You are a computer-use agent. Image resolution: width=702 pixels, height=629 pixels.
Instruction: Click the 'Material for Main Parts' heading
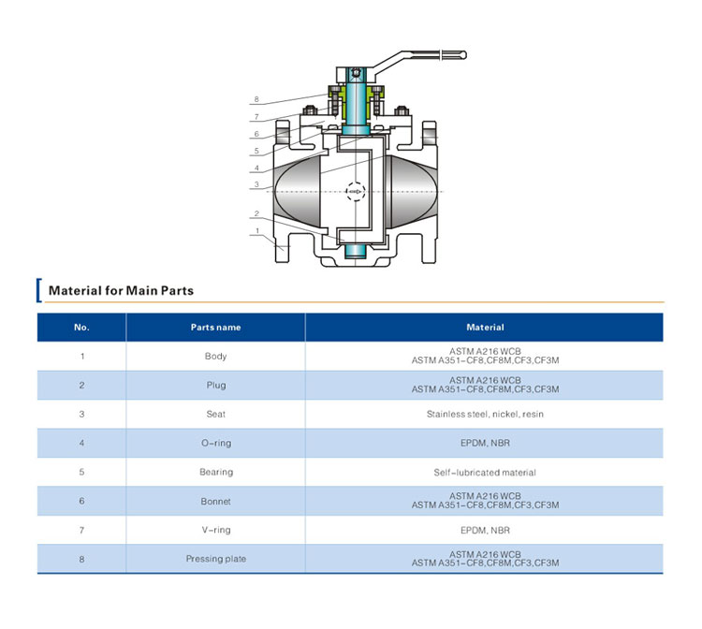[121, 290]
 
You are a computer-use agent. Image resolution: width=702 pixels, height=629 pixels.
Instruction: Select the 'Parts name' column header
[216, 328]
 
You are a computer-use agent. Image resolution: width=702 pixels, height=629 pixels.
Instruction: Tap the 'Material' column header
[485, 328]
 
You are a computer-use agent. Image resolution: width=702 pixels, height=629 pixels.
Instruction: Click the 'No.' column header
[81, 328]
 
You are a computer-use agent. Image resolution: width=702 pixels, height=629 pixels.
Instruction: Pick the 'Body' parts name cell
[216, 357]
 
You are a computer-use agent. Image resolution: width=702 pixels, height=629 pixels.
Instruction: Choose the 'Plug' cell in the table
[216, 386]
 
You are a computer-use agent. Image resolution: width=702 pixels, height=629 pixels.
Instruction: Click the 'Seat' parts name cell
[216, 414]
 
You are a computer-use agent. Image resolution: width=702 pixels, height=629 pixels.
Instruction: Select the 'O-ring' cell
[216, 444]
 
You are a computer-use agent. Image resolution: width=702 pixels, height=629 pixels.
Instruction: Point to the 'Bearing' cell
[216, 473]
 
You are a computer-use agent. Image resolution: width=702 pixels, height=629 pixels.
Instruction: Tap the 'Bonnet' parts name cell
[216, 502]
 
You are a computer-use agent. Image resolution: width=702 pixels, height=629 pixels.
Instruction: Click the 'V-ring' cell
[216, 530]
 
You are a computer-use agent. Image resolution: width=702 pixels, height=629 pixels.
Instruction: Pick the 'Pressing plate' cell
[216, 559]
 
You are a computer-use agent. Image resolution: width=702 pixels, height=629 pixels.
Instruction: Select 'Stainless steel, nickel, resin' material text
[485, 414]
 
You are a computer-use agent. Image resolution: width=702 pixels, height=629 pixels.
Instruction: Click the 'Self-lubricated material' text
[485, 473]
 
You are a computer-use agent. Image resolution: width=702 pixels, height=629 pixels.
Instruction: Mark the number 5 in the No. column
[81, 472]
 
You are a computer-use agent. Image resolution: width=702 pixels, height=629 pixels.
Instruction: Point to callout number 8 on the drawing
[256, 99]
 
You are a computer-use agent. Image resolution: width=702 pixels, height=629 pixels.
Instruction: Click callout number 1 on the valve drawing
[257, 231]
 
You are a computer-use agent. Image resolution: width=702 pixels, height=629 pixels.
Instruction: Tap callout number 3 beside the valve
[256, 184]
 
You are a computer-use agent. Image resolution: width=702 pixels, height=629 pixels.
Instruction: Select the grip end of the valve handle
[454, 55]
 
